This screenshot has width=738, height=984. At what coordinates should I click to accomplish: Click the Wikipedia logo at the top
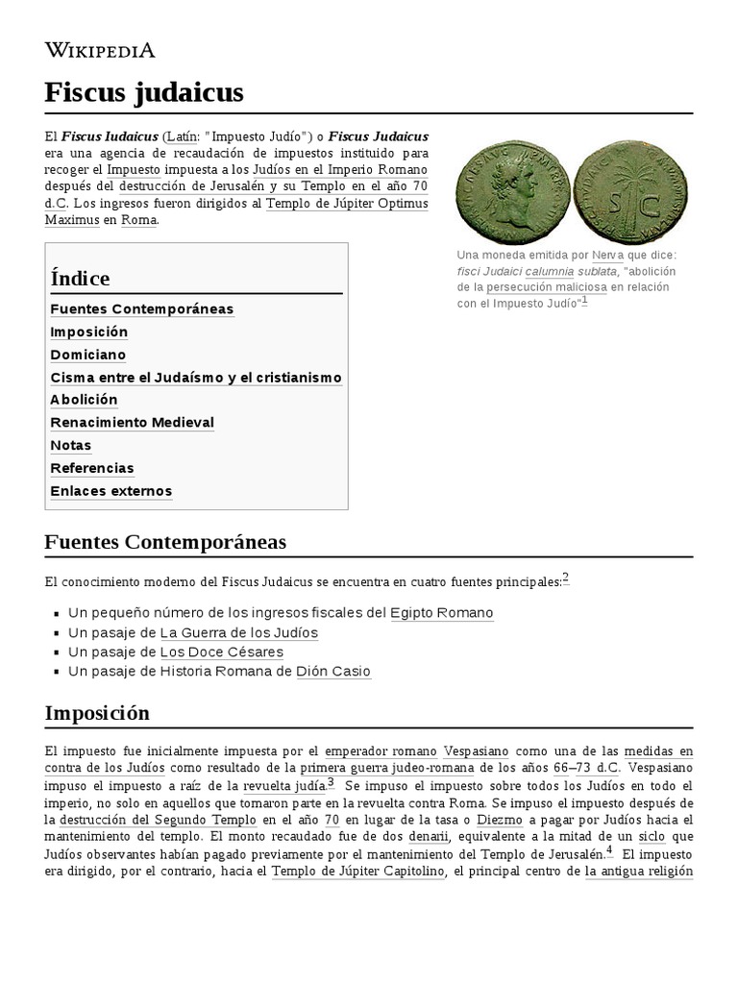click(x=100, y=50)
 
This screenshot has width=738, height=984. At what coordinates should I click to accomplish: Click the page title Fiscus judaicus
click(x=144, y=92)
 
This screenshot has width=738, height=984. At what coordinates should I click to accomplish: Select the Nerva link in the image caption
click(x=606, y=255)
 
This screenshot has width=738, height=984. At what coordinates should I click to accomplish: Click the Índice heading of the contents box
click(x=80, y=279)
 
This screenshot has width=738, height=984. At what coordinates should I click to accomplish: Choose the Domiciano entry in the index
click(x=87, y=355)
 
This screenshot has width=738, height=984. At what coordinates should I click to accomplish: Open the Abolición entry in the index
click(x=84, y=400)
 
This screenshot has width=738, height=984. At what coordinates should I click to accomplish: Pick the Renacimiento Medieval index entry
click(x=132, y=423)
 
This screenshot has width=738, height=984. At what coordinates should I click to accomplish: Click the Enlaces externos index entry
click(x=111, y=491)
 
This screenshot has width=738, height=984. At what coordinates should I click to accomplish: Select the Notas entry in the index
click(x=70, y=446)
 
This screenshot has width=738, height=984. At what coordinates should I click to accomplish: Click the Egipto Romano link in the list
click(x=441, y=613)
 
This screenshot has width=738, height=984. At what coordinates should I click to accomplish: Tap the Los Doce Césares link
click(x=221, y=652)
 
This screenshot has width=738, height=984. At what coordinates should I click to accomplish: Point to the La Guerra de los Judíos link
click(x=238, y=633)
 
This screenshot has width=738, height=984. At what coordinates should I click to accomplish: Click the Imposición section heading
click(x=97, y=713)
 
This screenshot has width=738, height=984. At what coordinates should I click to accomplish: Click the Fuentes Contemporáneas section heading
click(x=165, y=542)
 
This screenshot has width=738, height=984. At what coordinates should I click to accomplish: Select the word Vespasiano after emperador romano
click(x=476, y=751)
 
